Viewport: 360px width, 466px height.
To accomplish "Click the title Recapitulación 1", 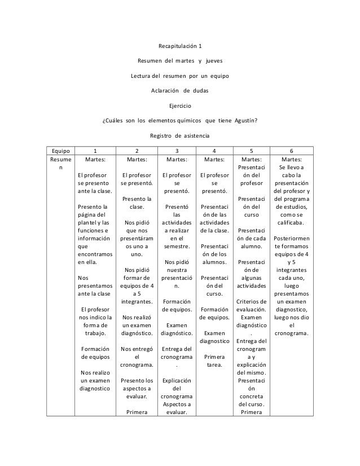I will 180,46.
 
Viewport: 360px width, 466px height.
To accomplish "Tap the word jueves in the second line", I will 214,60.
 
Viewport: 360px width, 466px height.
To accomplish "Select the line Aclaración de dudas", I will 180,90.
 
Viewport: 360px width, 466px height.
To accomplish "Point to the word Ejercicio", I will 180,105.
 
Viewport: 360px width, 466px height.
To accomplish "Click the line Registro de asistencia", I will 180,135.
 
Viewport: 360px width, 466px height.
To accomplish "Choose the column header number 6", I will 291,151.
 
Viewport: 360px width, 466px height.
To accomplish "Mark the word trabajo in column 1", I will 95,332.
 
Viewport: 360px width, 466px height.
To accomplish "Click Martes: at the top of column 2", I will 137,160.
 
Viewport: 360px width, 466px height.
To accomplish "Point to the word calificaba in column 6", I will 291,222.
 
